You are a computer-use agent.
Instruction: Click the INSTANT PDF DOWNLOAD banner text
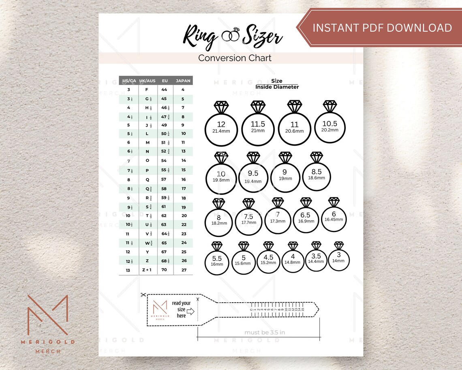coord(382,28)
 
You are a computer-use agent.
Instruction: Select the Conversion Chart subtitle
coord(235,58)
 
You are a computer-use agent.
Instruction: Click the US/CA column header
coord(129,81)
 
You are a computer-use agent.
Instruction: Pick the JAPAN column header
coord(183,81)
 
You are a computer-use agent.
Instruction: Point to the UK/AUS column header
coord(147,81)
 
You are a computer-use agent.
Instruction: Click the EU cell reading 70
coord(164,270)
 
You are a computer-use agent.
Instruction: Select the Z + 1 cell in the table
coord(147,270)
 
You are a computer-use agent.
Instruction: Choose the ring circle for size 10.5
coord(329,127)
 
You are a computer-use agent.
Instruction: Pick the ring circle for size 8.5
coord(317,174)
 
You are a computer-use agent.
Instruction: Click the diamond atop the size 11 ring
coord(295,106)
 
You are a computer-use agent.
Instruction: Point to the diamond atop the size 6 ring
coord(334,202)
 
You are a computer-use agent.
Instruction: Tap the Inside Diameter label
coord(277,87)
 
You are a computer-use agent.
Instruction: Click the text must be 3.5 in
coord(264,332)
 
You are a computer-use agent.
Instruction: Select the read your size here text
coord(181,309)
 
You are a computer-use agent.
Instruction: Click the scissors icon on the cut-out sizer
coord(143,295)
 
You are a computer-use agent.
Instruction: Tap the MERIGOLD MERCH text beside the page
coord(48,346)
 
